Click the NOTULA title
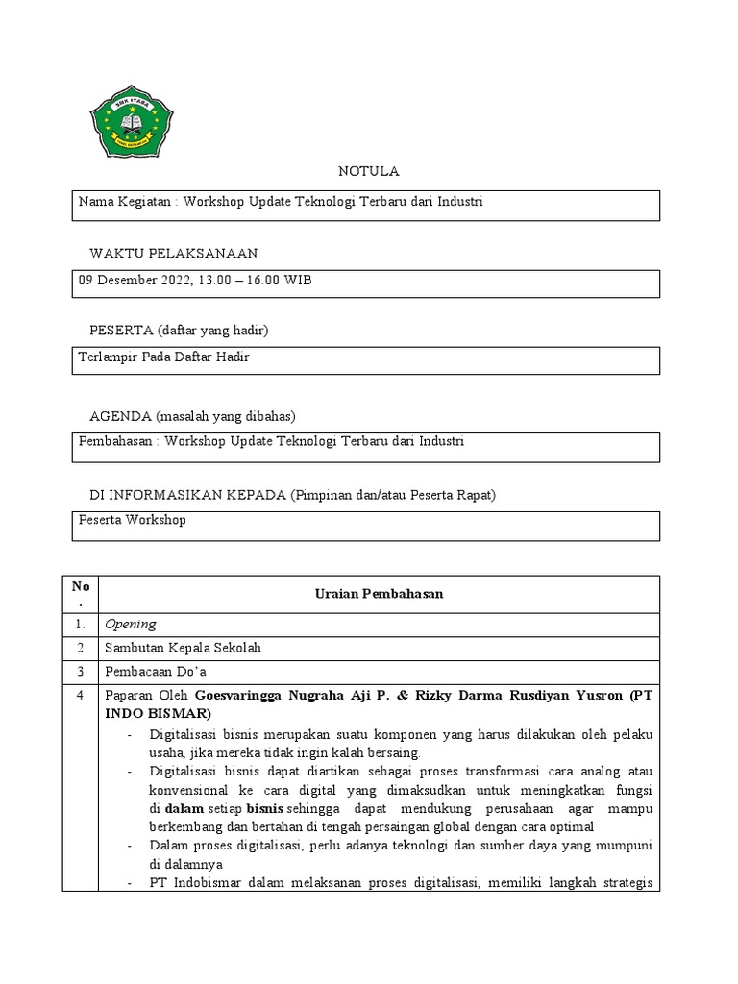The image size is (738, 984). pyautogui.click(x=368, y=171)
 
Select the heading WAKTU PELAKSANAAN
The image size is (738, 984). pyautogui.click(x=173, y=253)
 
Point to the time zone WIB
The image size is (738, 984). pyautogui.click(x=298, y=281)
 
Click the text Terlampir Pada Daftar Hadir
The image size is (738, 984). pyautogui.click(x=163, y=357)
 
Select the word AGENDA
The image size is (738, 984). pyautogui.click(x=119, y=416)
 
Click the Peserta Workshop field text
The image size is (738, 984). pyautogui.click(x=133, y=520)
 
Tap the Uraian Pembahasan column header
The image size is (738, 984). pyautogui.click(x=379, y=593)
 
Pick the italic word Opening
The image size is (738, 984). pyautogui.click(x=130, y=625)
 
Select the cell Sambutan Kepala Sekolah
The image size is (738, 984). pyautogui.click(x=183, y=648)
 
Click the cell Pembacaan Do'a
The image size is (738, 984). pyautogui.click(x=156, y=671)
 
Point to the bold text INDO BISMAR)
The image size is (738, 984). pyautogui.click(x=155, y=713)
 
